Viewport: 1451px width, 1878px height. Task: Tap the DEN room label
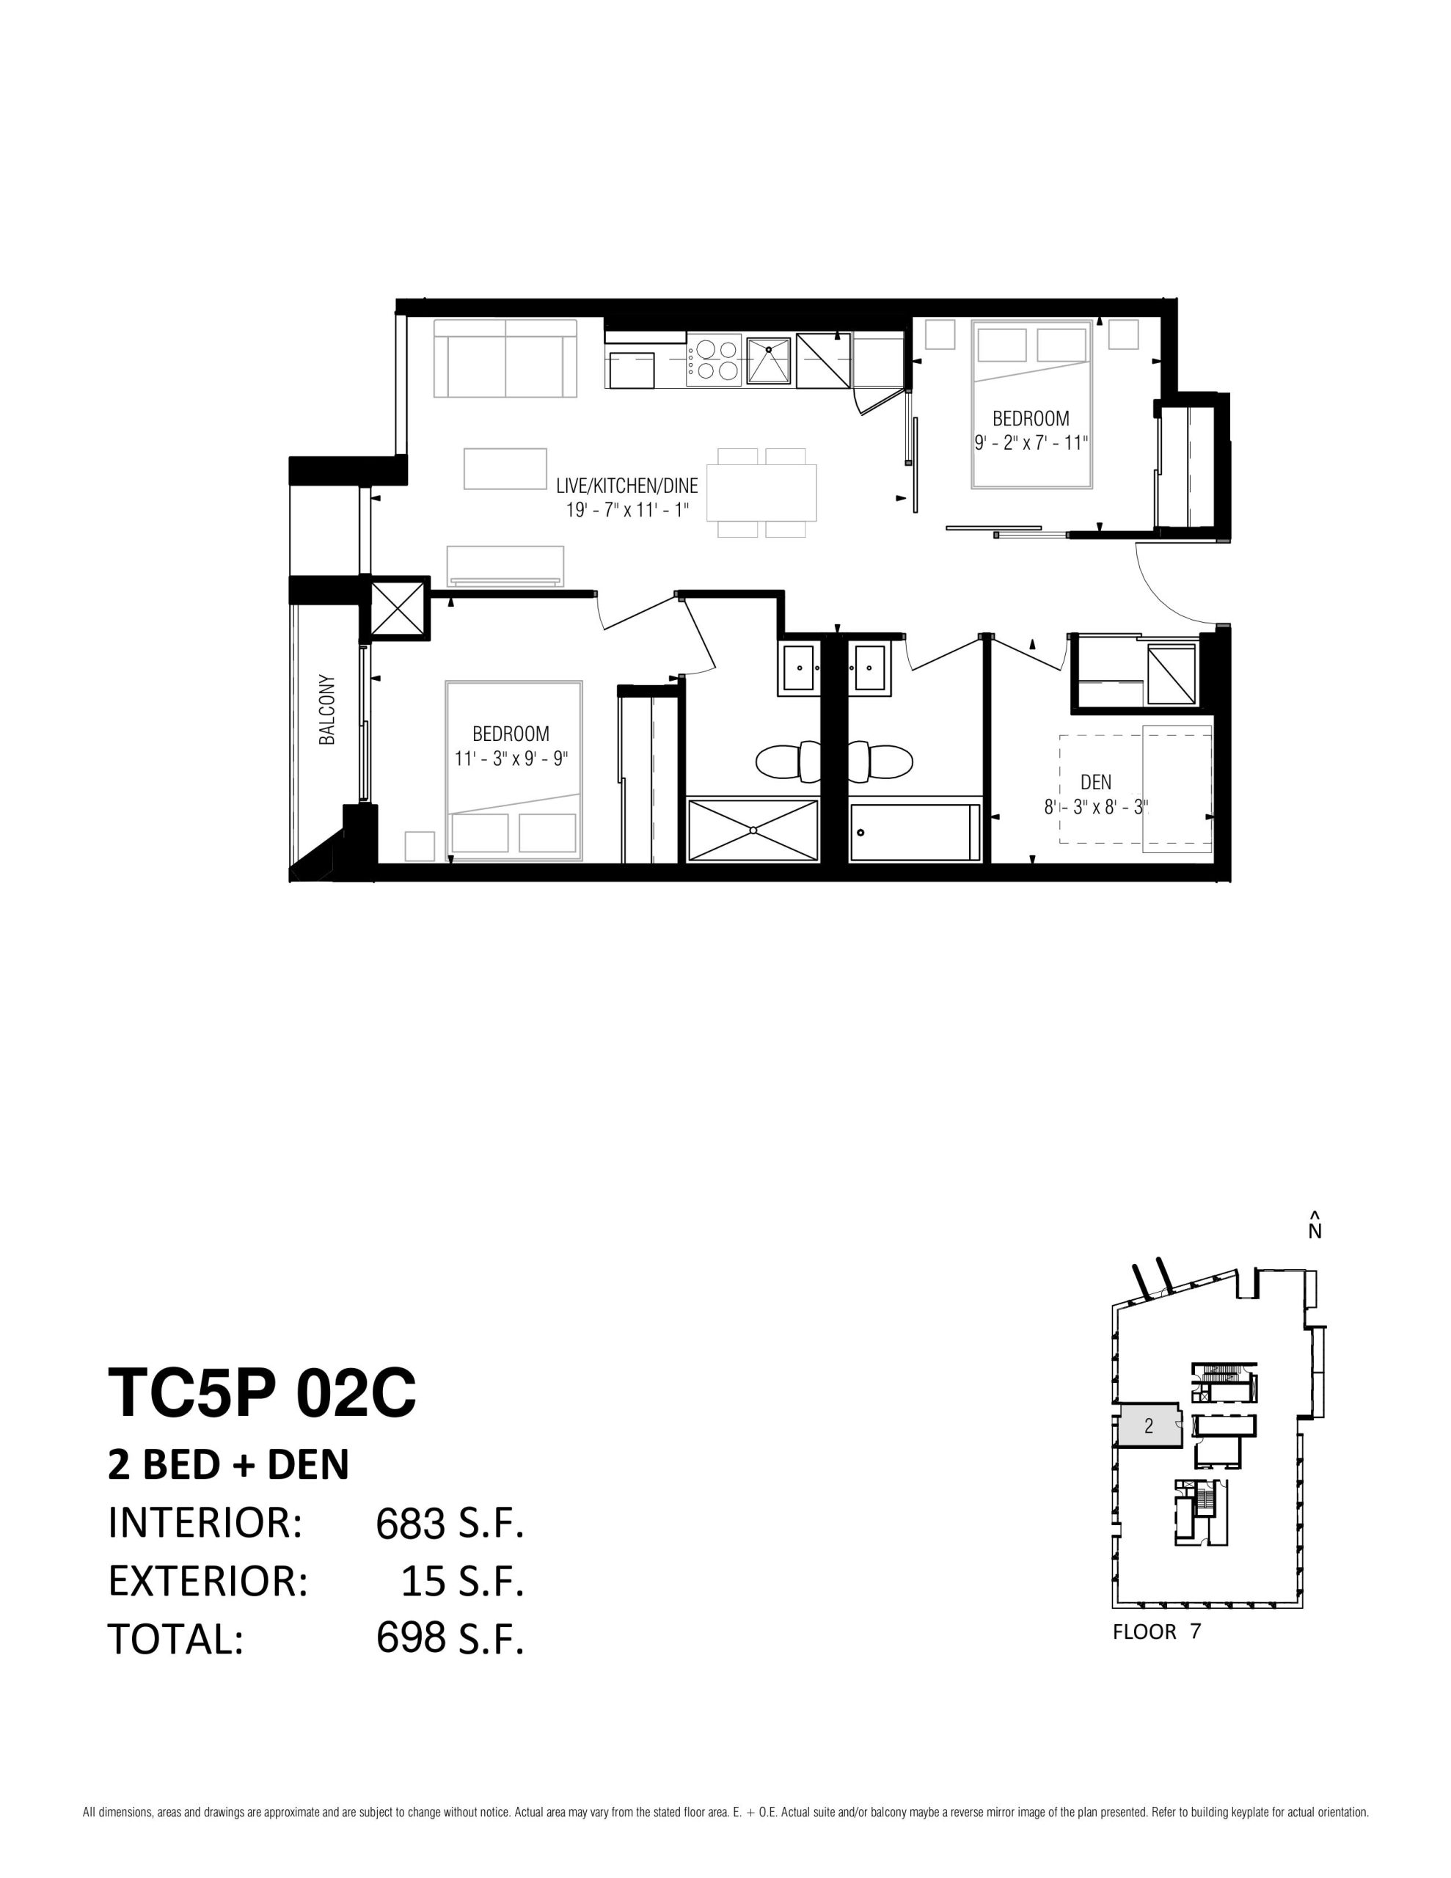(1096, 783)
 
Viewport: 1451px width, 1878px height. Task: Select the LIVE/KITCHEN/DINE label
(627, 486)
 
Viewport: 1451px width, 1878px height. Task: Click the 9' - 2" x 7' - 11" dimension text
(1031, 444)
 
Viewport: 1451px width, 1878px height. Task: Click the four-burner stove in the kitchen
(713, 360)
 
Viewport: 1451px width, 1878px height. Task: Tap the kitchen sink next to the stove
(768, 360)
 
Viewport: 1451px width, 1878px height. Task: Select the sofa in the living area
(505, 358)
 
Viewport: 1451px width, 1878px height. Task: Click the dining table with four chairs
(762, 493)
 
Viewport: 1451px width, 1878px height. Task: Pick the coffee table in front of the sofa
(505, 469)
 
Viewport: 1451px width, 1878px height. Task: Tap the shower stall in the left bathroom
(753, 829)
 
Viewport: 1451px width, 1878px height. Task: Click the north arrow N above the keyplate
(1315, 1224)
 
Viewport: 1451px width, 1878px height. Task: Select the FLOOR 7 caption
(1157, 1632)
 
